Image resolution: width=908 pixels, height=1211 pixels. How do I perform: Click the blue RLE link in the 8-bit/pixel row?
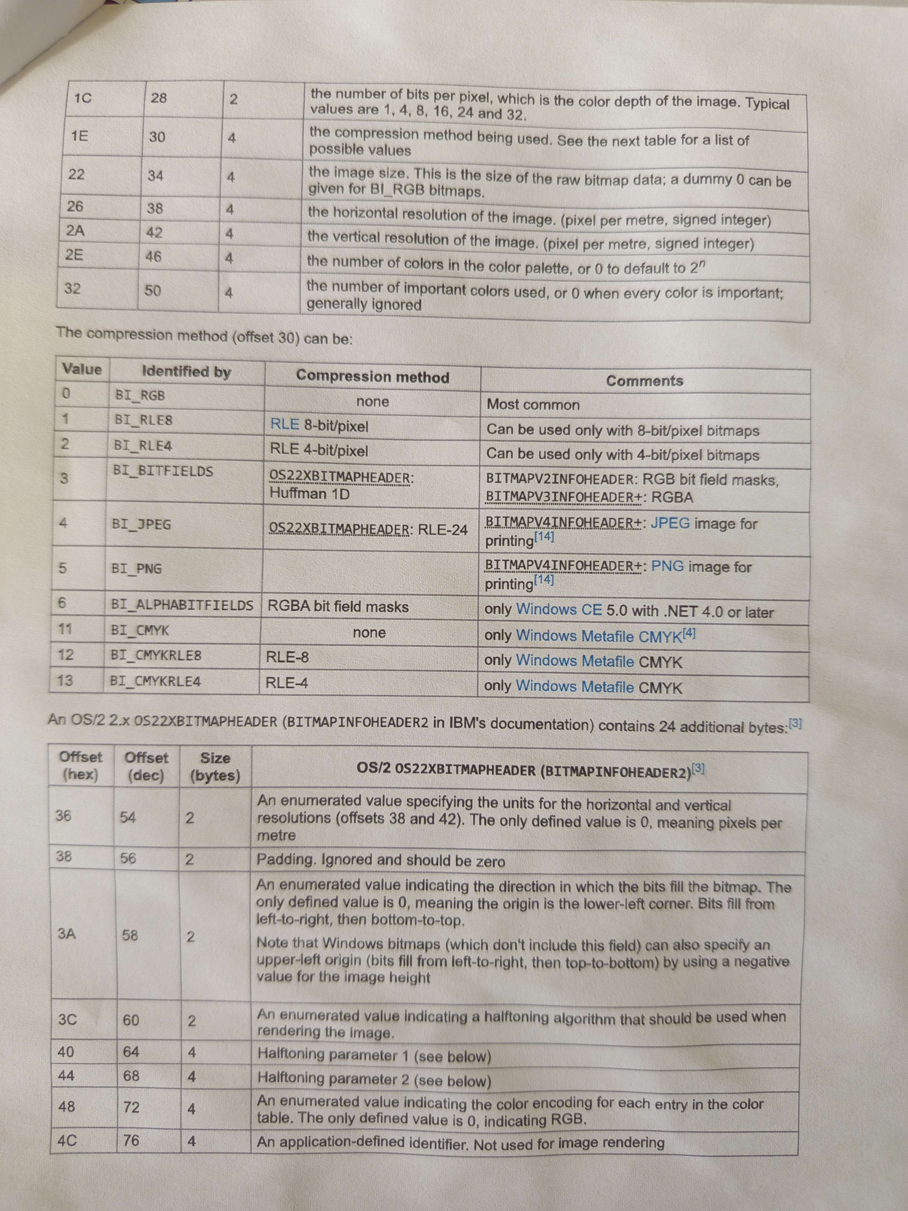[x=285, y=424]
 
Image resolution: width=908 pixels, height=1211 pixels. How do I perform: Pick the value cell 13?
[x=64, y=681]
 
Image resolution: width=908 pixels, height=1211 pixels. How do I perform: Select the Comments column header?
[x=644, y=381]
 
